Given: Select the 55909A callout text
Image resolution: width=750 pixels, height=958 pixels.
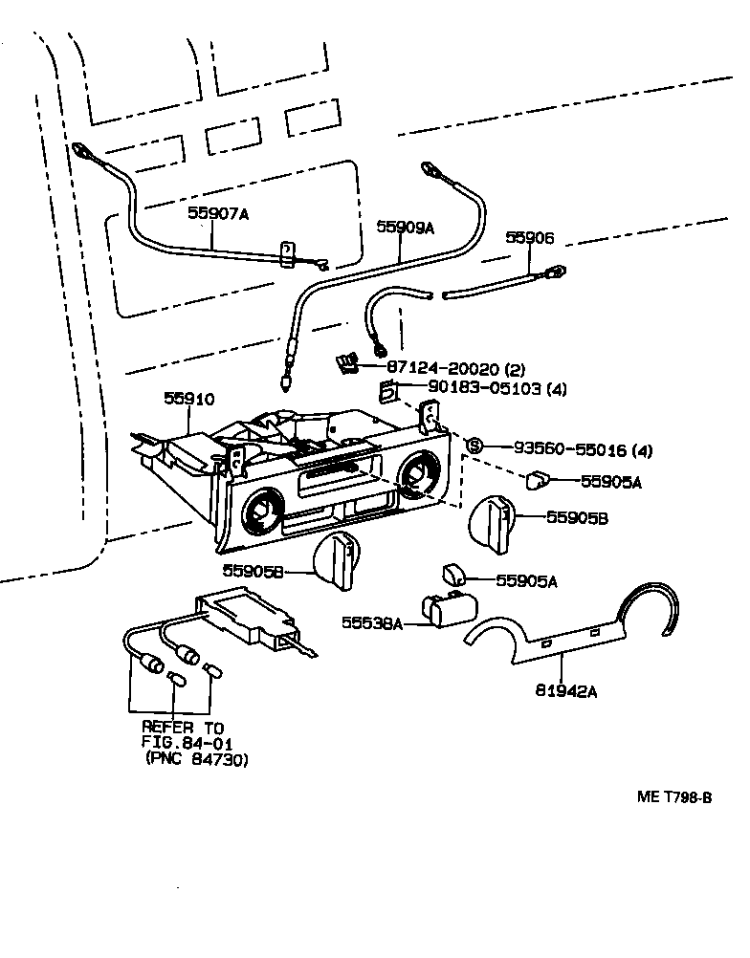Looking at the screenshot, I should click(x=405, y=228).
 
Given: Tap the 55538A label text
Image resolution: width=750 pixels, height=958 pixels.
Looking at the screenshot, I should click(x=373, y=622).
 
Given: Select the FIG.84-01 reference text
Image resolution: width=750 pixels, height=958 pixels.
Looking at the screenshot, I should click(x=187, y=743).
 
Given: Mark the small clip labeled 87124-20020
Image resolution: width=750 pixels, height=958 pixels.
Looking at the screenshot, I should click(x=346, y=362).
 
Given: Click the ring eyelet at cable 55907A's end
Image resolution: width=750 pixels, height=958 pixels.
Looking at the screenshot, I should click(x=80, y=149).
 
